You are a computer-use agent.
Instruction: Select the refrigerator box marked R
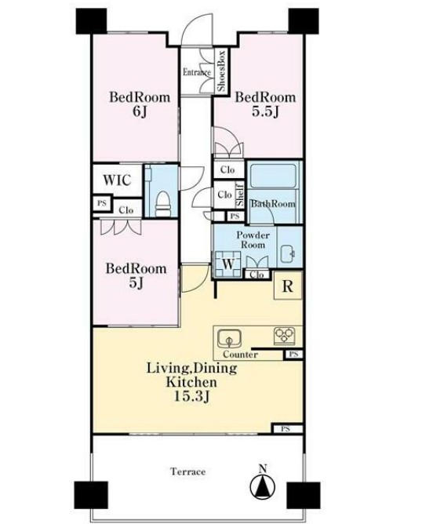288,286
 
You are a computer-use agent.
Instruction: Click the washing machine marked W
228,264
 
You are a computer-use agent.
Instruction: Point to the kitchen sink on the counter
229,340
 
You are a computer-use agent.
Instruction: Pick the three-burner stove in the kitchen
285,336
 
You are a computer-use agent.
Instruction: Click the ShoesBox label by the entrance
221,71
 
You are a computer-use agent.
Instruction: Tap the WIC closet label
117,180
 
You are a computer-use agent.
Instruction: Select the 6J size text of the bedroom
140,111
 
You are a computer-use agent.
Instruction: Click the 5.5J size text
265,111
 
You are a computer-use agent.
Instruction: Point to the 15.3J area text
192,396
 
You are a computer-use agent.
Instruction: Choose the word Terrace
188,471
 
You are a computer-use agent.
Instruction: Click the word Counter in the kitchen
240,355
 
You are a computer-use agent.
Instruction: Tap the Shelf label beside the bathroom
239,195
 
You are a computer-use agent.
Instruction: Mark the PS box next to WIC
101,203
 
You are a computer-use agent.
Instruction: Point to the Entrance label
197,72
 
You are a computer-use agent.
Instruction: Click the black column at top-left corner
91,21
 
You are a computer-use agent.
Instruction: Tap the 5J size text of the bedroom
136,283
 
